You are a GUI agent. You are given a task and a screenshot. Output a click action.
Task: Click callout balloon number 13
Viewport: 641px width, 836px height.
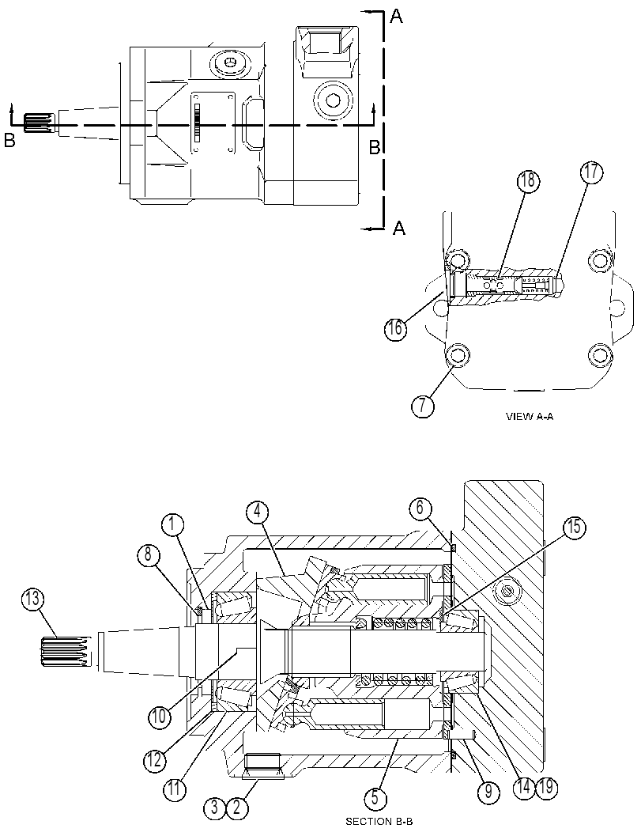33,600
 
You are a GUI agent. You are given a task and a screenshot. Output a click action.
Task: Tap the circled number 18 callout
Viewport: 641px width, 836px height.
527,181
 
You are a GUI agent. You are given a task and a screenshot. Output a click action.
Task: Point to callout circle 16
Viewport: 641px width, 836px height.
396,328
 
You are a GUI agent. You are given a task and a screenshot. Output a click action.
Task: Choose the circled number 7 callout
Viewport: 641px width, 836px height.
423,407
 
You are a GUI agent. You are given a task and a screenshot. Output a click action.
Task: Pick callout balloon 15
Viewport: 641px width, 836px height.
574,528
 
